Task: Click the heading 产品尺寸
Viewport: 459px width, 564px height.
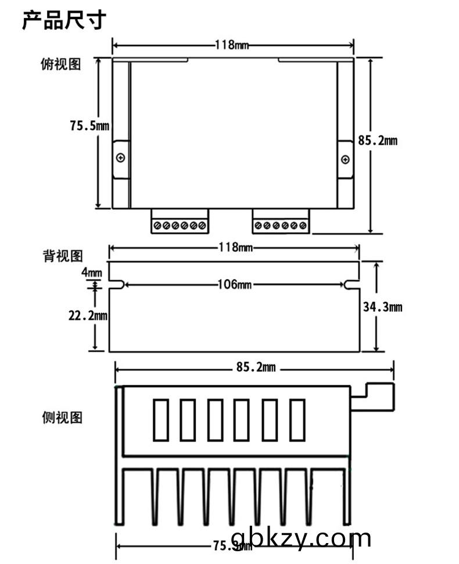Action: pos(64,20)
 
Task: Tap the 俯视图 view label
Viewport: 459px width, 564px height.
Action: pos(61,65)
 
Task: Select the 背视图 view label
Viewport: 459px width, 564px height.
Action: pos(63,256)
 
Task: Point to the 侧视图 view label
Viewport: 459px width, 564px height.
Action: pos(62,417)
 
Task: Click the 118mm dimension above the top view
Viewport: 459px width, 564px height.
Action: pos(232,45)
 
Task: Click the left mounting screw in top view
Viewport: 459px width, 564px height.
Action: pos(121,158)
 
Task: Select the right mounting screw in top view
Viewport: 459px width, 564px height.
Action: pos(345,159)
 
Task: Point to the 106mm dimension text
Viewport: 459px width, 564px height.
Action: pos(235,284)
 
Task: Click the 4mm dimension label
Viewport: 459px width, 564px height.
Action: pos(92,272)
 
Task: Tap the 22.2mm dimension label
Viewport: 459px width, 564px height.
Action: pos(88,315)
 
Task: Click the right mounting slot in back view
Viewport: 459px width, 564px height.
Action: pos(352,284)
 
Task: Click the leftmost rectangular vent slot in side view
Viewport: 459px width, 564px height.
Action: pos(160,419)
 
